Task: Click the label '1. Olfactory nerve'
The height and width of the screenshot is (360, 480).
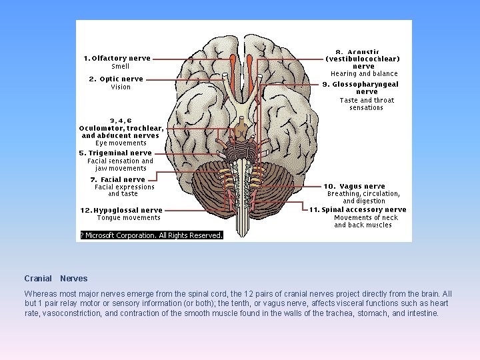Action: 117,58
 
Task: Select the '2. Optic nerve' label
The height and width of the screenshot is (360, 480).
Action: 116,79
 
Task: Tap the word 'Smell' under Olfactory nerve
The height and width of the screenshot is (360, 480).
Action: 121,67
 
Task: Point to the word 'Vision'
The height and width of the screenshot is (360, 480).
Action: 121,87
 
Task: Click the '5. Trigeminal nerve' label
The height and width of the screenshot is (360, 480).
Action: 115,153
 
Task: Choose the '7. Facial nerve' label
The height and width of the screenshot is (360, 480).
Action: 118,179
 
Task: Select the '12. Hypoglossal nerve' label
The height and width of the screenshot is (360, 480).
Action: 121,210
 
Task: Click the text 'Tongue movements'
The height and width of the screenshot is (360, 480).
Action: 129,218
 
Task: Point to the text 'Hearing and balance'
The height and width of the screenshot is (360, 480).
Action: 364,74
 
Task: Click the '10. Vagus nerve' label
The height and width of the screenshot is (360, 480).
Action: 355,186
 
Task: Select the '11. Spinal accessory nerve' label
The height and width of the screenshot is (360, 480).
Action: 357,209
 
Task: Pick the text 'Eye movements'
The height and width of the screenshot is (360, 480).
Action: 121,143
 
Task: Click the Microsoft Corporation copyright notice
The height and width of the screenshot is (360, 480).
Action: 152,235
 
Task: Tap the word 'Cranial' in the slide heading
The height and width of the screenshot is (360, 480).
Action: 38,279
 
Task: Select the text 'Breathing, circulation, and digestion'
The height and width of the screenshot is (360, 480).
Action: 364,197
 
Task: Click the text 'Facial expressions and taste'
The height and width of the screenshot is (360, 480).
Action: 124,191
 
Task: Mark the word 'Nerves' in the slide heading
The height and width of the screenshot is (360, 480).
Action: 73,279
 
